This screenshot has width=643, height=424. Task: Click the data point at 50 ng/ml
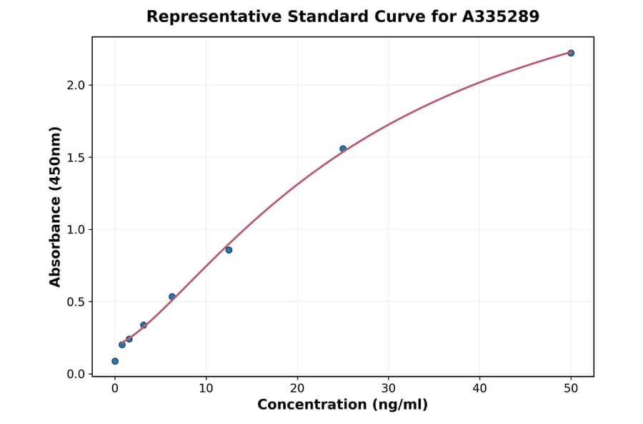(x=571, y=53)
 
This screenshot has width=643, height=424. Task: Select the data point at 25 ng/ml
(x=343, y=148)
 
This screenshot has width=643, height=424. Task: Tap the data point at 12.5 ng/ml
(x=229, y=250)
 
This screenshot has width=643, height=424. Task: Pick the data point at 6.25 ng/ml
(x=172, y=296)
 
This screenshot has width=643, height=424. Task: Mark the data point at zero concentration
(x=115, y=361)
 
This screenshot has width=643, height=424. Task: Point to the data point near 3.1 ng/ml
(x=144, y=325)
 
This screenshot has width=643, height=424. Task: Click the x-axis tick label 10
(x=206, y=388)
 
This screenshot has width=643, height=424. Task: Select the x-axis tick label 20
(x=297, y=388)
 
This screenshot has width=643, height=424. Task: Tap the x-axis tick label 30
(x=389, y=388)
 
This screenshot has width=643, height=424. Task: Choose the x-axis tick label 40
(x=479, y=388)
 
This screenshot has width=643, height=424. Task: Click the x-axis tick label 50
(x=571, y=388)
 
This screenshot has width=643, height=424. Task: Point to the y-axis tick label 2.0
(x=76, y=85)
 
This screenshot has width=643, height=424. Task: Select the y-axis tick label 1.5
(x=76, y=157)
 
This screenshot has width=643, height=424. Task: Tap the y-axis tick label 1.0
(x=76, y=230)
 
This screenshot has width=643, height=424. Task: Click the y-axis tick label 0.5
(x=76, y=302)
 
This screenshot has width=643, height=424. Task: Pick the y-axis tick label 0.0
(x=76, y=374)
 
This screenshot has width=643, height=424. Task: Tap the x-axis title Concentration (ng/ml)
(x=342, y=405)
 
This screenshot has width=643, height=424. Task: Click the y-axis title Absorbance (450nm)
(x=56, y=206)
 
